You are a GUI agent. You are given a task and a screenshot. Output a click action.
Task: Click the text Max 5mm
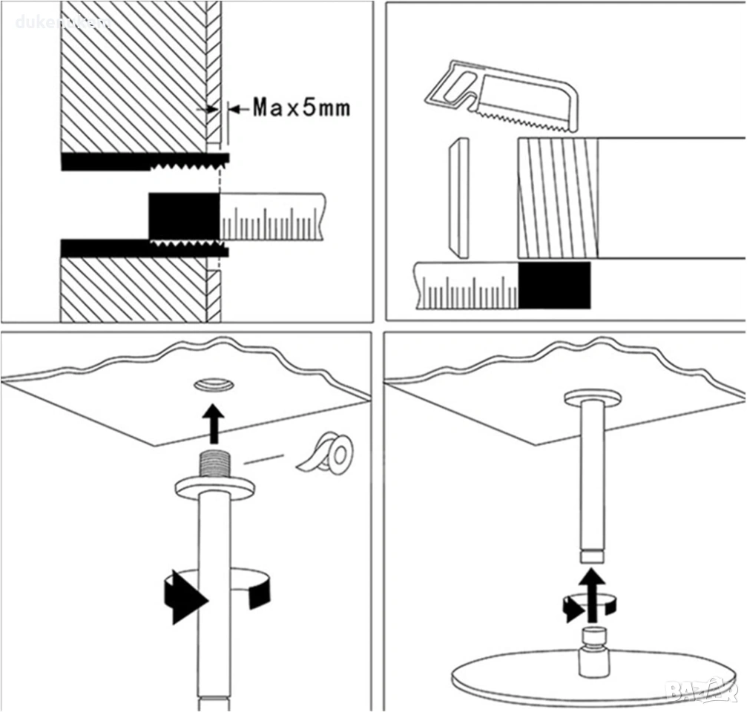coord(300,108)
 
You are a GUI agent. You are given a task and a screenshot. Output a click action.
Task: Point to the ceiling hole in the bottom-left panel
coord(214,383)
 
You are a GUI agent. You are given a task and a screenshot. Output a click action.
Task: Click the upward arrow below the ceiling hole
coord(214,422)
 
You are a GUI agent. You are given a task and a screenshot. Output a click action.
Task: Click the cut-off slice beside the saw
coord(459,197)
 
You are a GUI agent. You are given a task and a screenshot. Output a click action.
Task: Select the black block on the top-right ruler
coord(554,285)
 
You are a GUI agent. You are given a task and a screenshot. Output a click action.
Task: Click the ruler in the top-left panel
coord(272,217)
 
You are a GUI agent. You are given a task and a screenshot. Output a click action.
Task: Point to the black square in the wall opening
coord(183,217)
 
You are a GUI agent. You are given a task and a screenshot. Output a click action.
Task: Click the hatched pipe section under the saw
coord(557,197)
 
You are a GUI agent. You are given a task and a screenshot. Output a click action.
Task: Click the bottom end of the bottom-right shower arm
coord(591,556)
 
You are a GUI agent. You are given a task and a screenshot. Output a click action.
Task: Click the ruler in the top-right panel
coord(467,286)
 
